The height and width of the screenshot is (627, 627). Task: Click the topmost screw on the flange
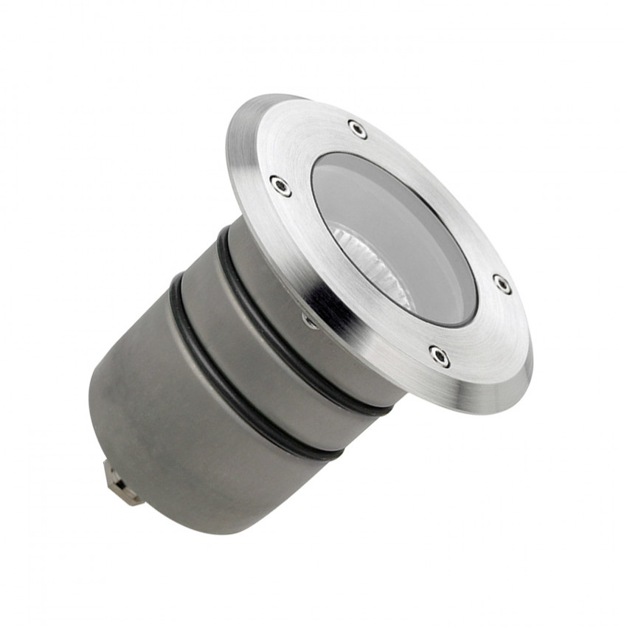click(358, 129)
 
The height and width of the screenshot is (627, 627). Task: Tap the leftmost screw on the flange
click(280, 185)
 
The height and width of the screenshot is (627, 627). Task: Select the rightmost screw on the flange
click(502, 284)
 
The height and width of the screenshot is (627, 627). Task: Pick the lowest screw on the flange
click(440, 356)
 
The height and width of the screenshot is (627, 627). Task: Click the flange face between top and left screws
click(310, 148)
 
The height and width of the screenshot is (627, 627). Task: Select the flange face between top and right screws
click(443, 192)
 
